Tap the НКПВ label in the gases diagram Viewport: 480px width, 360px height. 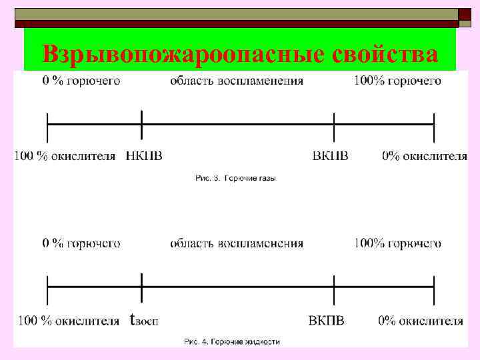[144, 156]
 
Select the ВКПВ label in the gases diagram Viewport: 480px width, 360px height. [330, 156]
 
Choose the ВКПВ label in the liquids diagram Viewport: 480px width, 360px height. [327, 320]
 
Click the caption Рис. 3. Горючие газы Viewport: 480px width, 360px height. [235, 178]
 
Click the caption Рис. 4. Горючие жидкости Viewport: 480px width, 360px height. [232, 342]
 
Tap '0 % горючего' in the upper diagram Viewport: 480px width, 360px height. [81, 81]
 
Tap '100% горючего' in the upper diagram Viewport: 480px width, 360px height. [397, 81]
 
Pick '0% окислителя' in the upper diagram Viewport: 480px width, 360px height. [425, 156]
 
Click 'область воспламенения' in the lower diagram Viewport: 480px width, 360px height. [237, 243]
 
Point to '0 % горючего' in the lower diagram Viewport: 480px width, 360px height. [81, 243]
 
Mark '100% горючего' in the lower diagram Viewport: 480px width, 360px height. [397, 243]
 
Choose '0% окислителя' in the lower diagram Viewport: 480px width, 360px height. [421, 320]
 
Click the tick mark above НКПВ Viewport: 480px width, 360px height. [142, 125]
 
